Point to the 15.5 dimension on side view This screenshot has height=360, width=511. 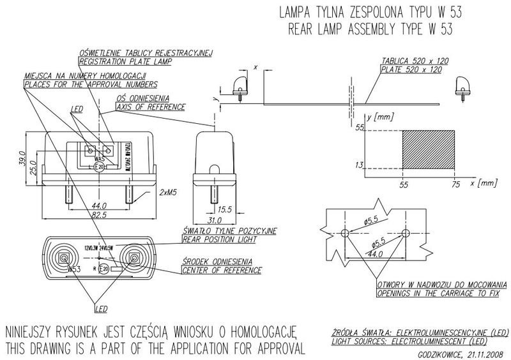(x=224, y=209)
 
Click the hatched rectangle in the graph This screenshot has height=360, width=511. (x=429, y=147)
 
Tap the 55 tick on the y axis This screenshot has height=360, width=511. (x=359, y=128)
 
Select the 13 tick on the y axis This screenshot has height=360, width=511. (x=359, y=165)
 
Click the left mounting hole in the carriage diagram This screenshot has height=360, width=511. (x=346, y=233)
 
